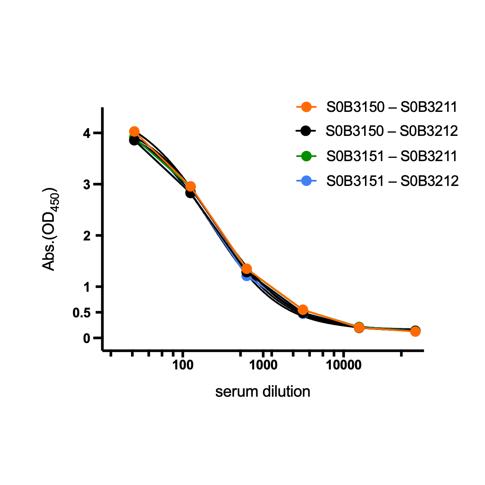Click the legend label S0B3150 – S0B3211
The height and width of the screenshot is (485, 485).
[392, 107]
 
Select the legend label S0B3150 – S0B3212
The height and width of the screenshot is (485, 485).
[392, 131]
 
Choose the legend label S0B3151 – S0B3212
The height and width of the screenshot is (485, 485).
[392, 181]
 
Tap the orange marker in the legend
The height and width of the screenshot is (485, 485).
[307, 107]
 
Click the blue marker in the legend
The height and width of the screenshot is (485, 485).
[307, 181]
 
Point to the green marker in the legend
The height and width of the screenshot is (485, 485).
[307, 156]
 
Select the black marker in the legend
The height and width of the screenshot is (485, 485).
[307, 131]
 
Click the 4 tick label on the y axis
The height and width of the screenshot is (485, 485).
[86, 133]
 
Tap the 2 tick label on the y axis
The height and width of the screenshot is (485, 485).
[86, 236]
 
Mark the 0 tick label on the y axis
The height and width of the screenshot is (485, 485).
[86, 338]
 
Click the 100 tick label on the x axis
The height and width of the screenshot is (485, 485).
[183, 365]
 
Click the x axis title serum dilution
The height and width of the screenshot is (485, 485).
[262, 391]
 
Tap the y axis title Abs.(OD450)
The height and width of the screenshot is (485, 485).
[51, 229]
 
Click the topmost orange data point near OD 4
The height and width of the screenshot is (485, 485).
[134, 131]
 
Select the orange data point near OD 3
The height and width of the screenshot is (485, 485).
[190, 186]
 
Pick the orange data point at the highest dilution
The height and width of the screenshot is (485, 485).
[415, 332]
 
